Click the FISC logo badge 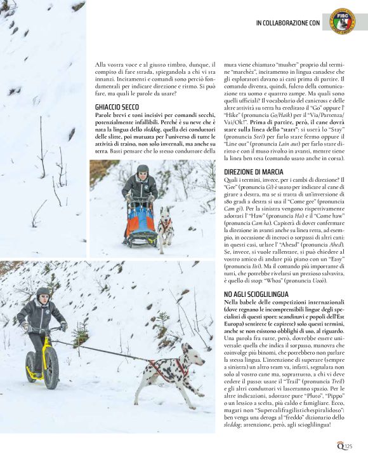pyautogui.click(x=343, y=21)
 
